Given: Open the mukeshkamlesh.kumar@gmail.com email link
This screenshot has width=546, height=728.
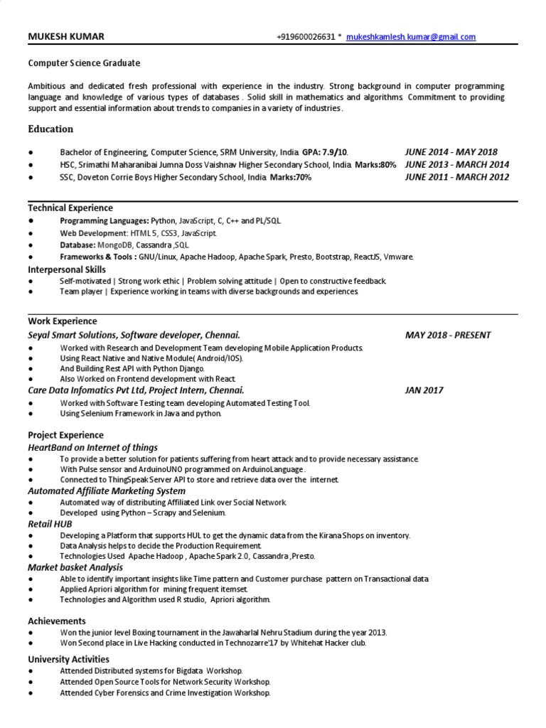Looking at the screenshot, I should click(411, 37).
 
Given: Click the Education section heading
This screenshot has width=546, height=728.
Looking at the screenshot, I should click(50, 129).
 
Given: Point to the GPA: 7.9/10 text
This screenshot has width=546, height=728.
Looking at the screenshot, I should click(325, 152).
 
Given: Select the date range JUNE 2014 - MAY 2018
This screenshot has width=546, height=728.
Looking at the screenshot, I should click(451, 152).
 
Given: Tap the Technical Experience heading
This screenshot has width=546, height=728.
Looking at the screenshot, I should click(70, 208).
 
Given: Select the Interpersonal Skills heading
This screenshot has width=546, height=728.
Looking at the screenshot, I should click(67, 269).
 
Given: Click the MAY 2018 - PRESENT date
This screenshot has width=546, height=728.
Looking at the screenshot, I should click(448, 335).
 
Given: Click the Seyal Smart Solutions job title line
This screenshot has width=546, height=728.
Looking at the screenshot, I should click(134, 335).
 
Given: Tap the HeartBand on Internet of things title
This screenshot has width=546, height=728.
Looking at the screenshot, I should click(92, 447).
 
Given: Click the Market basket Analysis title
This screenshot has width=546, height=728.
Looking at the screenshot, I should click(75, 567).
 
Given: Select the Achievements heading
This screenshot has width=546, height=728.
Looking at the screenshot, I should click(57, 621).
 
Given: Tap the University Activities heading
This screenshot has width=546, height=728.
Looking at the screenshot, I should click(68, 659).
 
